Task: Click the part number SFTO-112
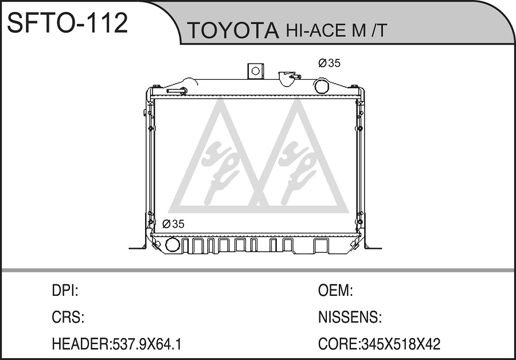(x=68, y=23)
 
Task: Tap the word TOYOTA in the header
(x=233, y=30)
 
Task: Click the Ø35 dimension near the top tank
(x=329, y=63)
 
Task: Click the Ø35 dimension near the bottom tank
(x=173, y=224)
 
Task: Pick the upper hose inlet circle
(x=322, y=86)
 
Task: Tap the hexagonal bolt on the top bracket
(x=255, y=71)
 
